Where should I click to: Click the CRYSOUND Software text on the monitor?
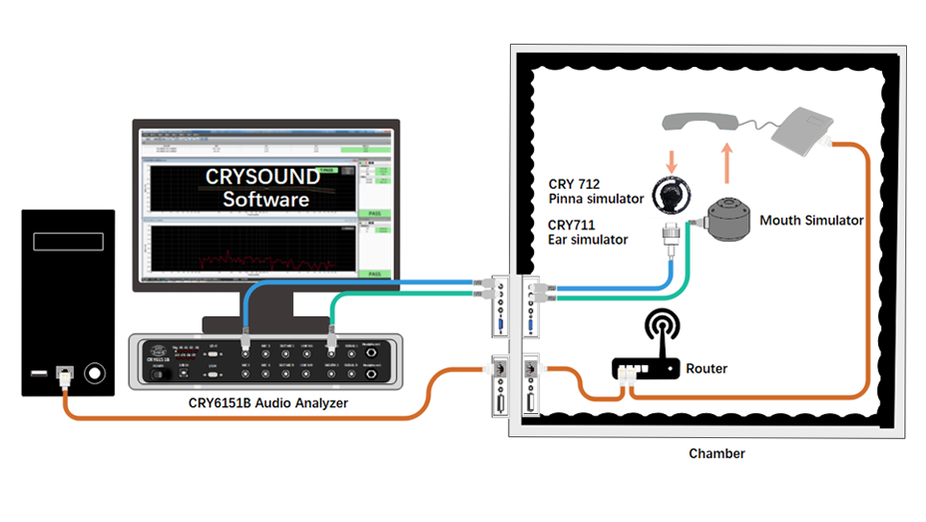coord(264,188)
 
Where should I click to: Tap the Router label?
coord(706,368)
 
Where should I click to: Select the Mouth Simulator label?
coord(811,220)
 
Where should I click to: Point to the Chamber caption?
coord(716,454)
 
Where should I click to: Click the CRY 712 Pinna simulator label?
coord(596,192)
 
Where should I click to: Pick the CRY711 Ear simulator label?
coord(588,233)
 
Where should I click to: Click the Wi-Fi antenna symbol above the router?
coord(661,330)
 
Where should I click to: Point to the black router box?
coord(644,368)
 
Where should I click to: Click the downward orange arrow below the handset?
coord(670,159)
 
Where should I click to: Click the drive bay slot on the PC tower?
coord(68,242)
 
